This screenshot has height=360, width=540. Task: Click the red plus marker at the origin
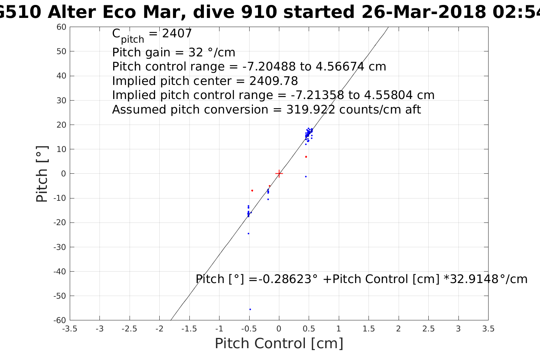[x=279, y=174]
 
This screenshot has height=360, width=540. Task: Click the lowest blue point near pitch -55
[x=250, y=309]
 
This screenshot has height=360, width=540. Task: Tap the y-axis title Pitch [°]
[x=42, y=174]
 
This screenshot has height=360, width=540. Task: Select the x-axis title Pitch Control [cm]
[x=279, y=343]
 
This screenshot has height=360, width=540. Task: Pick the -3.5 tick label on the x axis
[x=69, y=329]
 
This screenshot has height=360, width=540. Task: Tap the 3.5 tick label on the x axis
[x=488, y=329]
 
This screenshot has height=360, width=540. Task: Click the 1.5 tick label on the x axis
[x=369, y=329]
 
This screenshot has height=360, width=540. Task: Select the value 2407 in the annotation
[x=177, y=34]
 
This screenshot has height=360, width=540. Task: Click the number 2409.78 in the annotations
[x=274, y=81]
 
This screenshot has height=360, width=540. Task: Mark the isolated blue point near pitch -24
[x=248, y=234]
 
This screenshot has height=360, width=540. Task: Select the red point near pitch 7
[x=306, y=157]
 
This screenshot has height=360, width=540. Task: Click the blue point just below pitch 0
[x=306, y=176]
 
